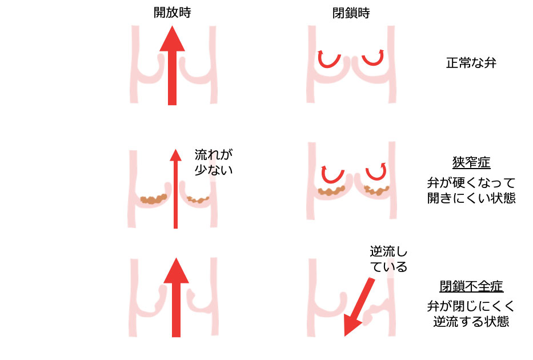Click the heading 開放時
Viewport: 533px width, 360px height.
click(x=172, y=13)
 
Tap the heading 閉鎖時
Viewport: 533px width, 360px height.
click(x=351, y=13)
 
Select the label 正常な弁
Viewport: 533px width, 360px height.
click(x=471, y=62)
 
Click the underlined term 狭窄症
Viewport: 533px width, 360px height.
click(x=471, y=163)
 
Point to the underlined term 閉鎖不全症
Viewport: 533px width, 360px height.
click(x=471, y=286)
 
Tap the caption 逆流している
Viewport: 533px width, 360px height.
click(x=388, y=259)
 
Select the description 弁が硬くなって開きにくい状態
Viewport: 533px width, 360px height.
click(x=471, y=191)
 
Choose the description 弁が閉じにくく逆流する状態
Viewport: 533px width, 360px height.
click(x=471, y=314)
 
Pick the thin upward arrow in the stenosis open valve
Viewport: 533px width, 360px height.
click(x=175, y=189)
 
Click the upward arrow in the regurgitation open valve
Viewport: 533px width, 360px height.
click(x=176, y=297)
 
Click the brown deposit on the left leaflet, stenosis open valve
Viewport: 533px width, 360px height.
click(x=153, y=199)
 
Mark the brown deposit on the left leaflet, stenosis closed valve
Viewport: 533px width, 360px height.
click(x=331, y=191)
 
